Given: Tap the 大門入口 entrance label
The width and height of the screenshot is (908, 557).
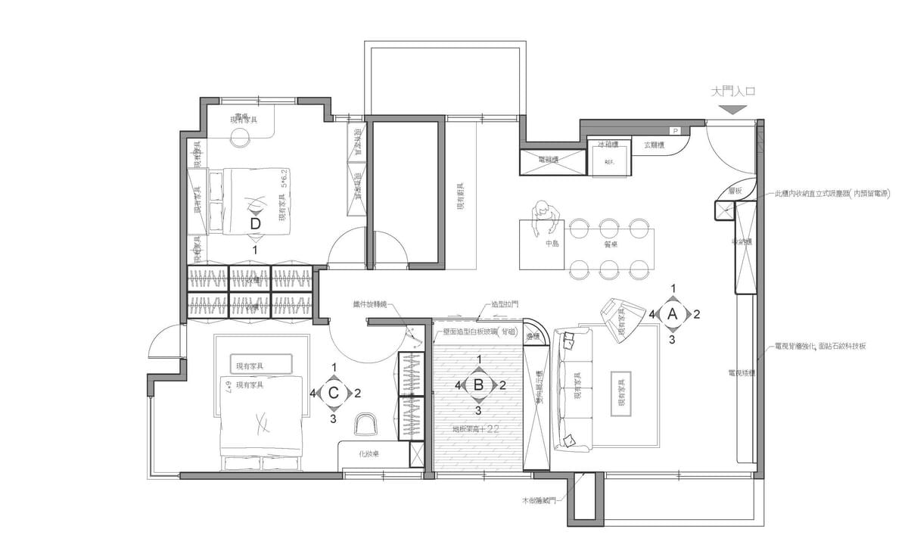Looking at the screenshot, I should point(733,92).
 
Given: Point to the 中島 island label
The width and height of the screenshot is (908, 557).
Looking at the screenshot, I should point(552,245).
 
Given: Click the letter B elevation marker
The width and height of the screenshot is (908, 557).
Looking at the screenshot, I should point(478,384).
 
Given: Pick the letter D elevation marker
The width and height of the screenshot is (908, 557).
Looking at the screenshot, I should point(255,224).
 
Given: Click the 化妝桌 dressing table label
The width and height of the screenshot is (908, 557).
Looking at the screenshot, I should point(370,454).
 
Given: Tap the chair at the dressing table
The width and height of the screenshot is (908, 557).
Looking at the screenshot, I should point(365,425).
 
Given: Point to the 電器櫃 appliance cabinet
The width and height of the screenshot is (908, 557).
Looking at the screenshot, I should point(552,160).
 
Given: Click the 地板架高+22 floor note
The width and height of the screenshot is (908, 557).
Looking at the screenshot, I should point(477,429).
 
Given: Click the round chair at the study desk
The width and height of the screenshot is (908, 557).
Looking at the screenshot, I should point(241,138).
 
